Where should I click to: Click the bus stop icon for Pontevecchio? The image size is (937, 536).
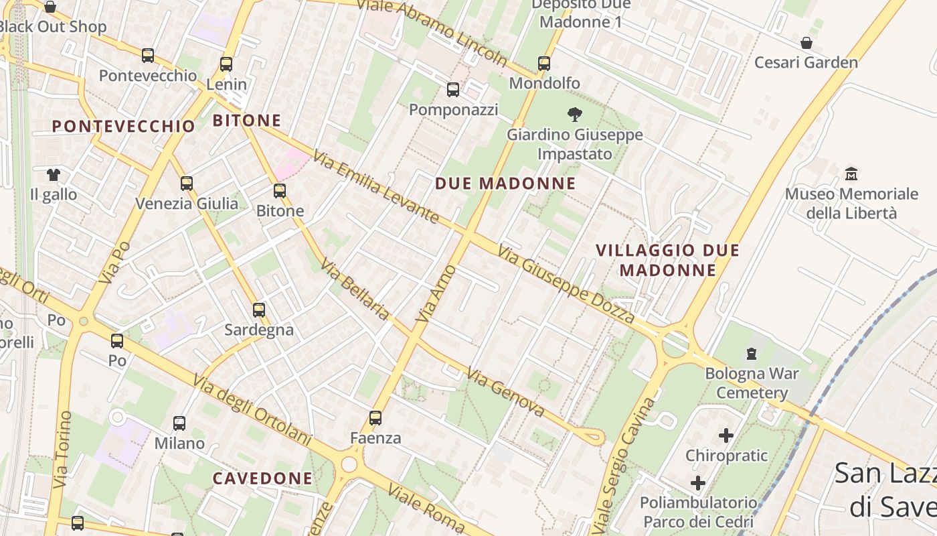tap(148, 56)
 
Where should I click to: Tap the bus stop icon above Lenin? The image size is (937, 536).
tap(226, 64)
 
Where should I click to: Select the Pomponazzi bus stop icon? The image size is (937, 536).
tap(453, 89)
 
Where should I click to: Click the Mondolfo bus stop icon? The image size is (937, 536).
tap(544, 64)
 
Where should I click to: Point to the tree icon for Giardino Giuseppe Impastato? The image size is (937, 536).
tap(574, 114)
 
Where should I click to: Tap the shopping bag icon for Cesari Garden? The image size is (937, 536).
tap(806, 43)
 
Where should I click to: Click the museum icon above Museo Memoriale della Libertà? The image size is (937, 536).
tap(851, 174)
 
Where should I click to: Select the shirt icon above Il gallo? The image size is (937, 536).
tap(54, 175)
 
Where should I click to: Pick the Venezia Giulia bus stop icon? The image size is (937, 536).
tap(187, 183)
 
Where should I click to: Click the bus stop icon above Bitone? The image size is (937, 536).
tap(280, 191)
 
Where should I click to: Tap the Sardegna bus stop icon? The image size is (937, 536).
tap(259, 310)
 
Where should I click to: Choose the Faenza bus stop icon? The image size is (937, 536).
tap(375, 418)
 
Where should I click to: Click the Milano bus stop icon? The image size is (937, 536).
tap(179, 423)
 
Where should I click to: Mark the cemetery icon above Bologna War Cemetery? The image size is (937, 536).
tap(752, 353)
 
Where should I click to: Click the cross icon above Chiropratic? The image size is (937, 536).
tap(726, 436)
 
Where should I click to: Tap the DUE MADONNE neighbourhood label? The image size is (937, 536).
tap(505, 184)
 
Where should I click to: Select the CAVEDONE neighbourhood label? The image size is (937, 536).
tap(262, 478)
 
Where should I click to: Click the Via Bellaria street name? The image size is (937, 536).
tap(355, 289)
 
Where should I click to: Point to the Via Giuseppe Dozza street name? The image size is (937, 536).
tap(566, 284)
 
